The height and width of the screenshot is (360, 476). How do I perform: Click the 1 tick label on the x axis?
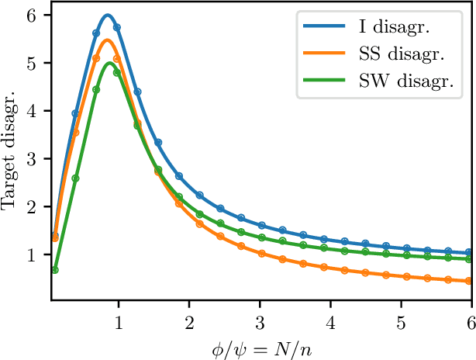tap(118, 321)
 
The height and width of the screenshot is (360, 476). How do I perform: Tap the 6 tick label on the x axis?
tap(470, 321)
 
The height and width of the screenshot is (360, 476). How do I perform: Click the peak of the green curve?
tap(109, 63)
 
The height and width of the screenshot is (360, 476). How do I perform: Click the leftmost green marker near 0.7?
tap(55, 270)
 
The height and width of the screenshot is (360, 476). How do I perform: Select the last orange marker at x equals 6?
tap(470, 281)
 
